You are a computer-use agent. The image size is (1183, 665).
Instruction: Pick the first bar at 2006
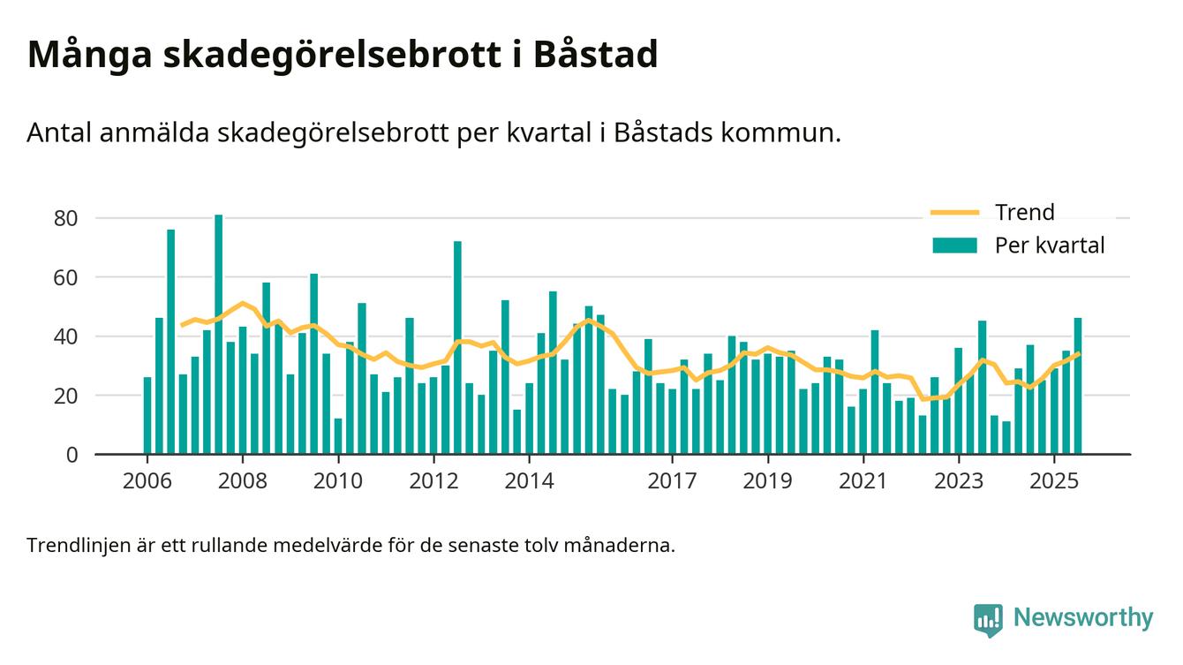pyautogui.click(x=147, y=415)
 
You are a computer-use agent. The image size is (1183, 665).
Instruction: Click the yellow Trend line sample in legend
pyautogui.click(x=954, y=213)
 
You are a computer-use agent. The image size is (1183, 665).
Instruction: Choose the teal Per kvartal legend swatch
pyautogui.click(x=954, y=246)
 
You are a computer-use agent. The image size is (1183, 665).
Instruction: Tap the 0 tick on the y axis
pyautogui.click(x=72, y=455)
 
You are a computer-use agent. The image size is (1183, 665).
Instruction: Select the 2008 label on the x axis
pyautogui.click(x=243, y=481)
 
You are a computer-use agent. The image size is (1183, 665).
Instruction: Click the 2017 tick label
pyautogui.click(x=673, y=481)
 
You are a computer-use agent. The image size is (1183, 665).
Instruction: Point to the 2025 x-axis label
pyautogui.click(x=1054, y=481)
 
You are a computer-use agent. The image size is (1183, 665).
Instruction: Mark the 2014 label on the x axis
pyautogui.click(x=529, y=481)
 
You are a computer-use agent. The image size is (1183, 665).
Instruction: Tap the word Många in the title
pyautogui.click(x=88, y=55)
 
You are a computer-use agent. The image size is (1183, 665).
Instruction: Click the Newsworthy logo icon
pyautogui.click(x=988, y=619)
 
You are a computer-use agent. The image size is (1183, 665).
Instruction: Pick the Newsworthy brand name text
pyautogui.click(x=1083, y=618)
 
